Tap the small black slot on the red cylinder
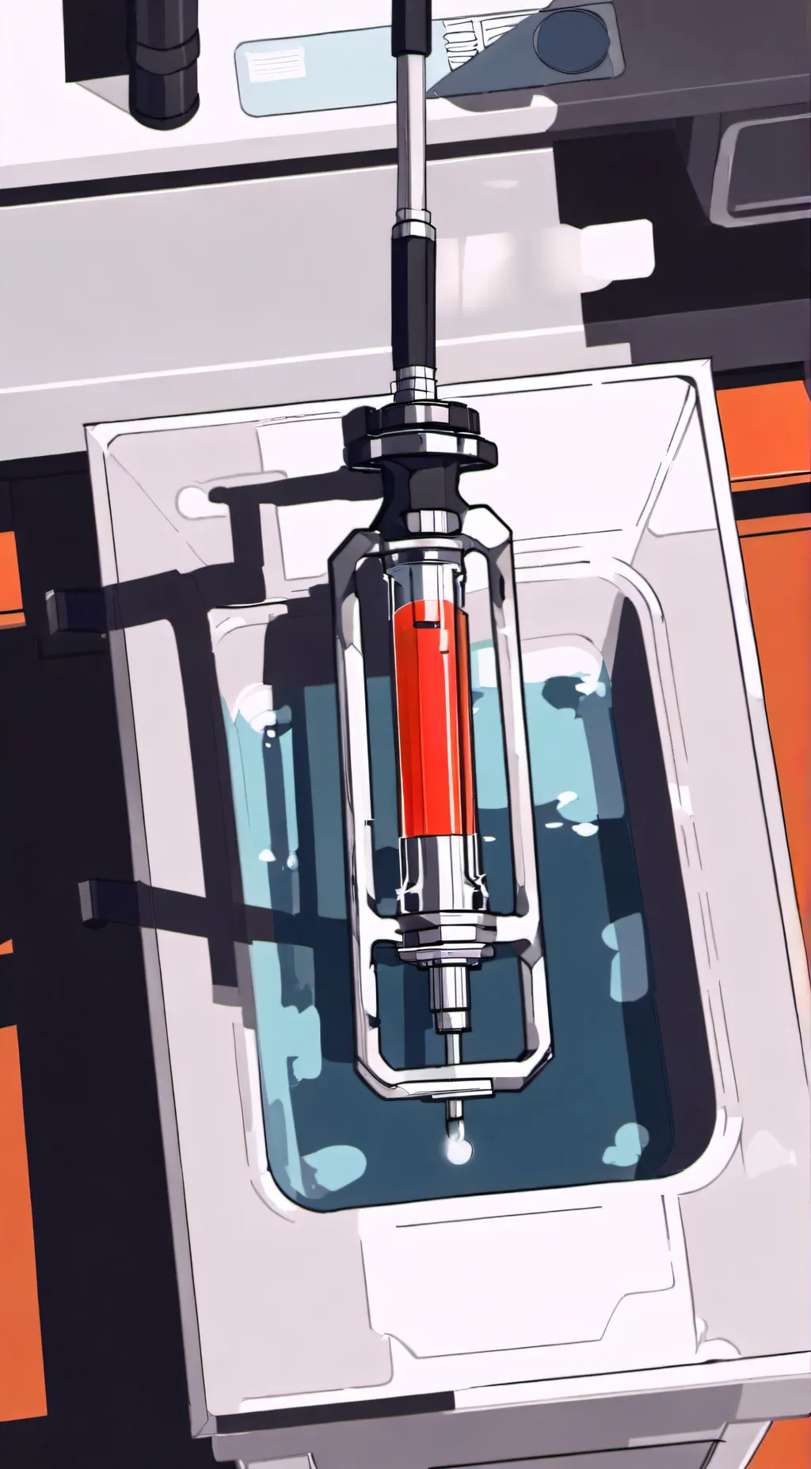click(428, 624)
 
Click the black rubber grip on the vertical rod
click(413, 301)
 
